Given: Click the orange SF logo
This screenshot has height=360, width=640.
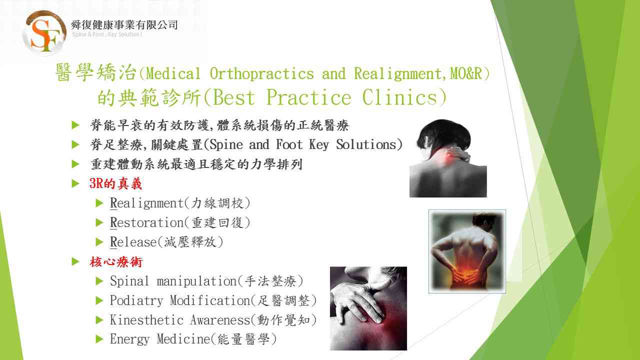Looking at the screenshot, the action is [x=44, y=32].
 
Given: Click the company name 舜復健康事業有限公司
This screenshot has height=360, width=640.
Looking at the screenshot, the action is [x=124, y=25].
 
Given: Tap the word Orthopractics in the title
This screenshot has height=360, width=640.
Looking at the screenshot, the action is [x=261, y=73].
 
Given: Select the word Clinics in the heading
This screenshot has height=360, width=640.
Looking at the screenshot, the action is [x=399, y=97].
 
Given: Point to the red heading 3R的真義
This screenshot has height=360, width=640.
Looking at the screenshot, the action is [x=115, y=183].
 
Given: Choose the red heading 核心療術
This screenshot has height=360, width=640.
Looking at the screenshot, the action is [x=115, y=261].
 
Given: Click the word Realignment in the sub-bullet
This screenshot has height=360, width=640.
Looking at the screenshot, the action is [x=146, y=203].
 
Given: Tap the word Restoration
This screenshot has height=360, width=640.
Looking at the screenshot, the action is [x=146, y=222].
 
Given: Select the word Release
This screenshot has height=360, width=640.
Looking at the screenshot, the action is [x=133, y=242].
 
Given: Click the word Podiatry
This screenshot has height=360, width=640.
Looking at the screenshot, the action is [x=136, y=300].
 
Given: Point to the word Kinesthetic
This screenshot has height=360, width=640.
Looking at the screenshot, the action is [x=146, y=320].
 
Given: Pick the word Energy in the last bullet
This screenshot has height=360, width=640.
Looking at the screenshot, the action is [x=129, y=339].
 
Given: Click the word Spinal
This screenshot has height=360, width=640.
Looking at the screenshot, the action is [x=129, y=281].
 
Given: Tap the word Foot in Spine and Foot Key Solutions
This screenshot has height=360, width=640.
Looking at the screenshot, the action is [x=289, y=144].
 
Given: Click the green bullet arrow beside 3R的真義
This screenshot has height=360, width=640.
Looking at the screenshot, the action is [x=75, y=183].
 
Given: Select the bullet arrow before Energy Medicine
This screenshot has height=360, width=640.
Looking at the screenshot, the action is [x=99, y=339].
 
